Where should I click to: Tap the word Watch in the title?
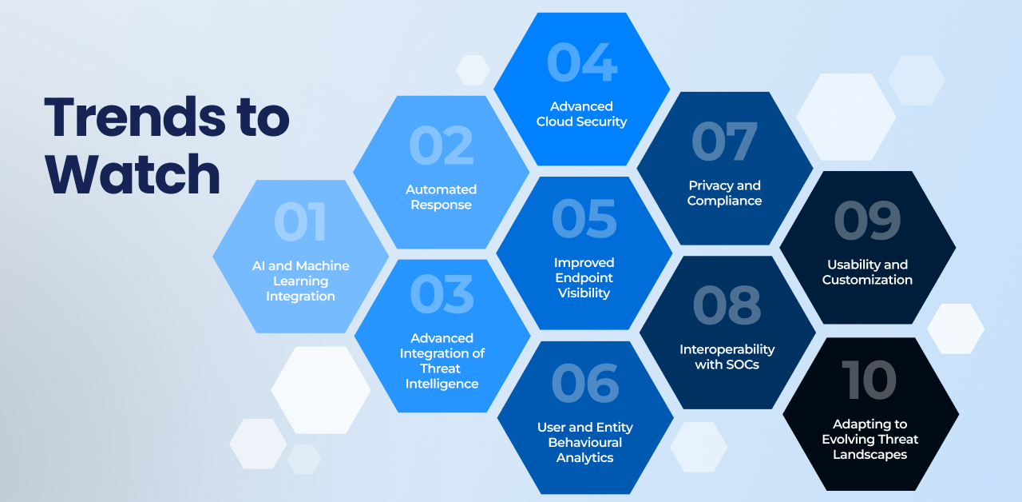133,174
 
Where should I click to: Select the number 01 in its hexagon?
300,221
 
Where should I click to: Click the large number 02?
442,145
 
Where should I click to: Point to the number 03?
442,294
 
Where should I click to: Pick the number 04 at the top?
582,62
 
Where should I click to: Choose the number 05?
584,219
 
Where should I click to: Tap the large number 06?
585,383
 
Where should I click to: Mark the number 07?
724,141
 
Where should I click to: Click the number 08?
727,305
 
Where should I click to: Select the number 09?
867,221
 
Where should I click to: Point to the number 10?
869,380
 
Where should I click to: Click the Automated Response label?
442,197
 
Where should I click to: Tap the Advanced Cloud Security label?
581,114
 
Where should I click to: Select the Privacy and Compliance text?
724,193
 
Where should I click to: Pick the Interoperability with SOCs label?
727,357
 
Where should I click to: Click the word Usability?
848,265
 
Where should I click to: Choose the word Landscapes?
869,455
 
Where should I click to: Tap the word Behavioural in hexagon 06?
585,442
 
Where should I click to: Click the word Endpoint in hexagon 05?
584,277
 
